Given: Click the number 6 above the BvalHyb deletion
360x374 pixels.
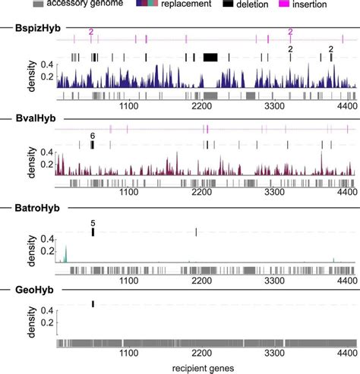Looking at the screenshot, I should click(x=92, y=135).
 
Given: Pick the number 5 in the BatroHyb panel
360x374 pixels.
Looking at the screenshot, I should click(x=93, y=224).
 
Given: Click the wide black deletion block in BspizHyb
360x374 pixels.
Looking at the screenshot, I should click(x=210, y=57).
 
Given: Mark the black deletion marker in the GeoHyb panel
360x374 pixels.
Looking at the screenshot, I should click(x=93, y=303).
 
